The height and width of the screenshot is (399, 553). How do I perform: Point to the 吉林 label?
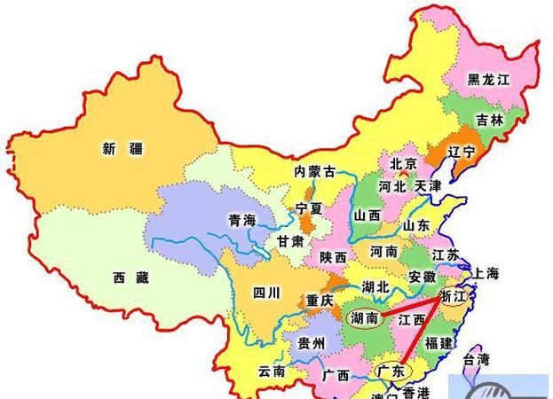click(x=489, y=120)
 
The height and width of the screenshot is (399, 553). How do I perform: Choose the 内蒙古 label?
click(x=316, y=171)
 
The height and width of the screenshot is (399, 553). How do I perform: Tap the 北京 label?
click(x=403, y=164)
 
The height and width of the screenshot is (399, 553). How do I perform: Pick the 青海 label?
click(x=241, y=220)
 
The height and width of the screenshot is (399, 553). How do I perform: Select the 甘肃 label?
click(x=290, y=241)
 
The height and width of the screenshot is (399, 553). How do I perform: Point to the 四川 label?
click(x=265, y=292)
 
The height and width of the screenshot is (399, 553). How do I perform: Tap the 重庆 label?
click(x=319, y=301)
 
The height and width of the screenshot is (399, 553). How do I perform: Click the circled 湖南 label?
click(x=367, y=317)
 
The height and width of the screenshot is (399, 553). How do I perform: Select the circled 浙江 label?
click(x=453, y=297)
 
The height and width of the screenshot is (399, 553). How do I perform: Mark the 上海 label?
click(x=487, y=273)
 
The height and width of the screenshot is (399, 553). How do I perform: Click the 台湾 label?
click(x=476, y=359)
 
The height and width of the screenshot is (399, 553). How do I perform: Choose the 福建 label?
click(x=438, y=342)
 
